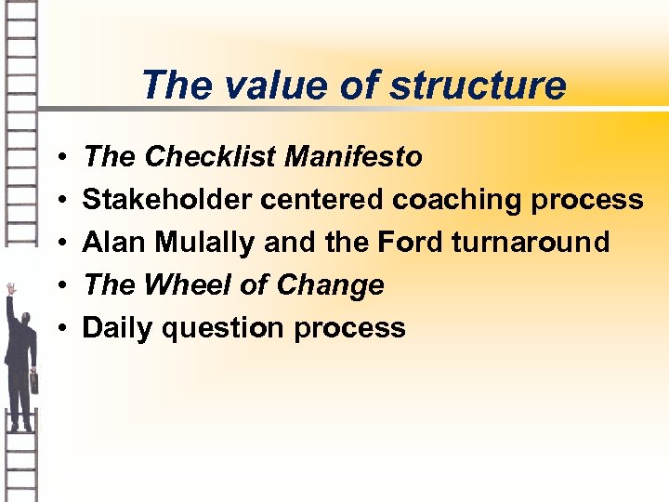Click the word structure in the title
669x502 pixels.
[478, 86]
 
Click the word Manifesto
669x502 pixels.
[353, 157]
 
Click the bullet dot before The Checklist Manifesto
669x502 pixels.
[59, 158]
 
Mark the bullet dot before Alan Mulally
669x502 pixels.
[59, 244]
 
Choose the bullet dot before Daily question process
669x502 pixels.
[59, 329]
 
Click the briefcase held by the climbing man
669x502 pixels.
[33, 381]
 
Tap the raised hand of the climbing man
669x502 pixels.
[10, 289]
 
